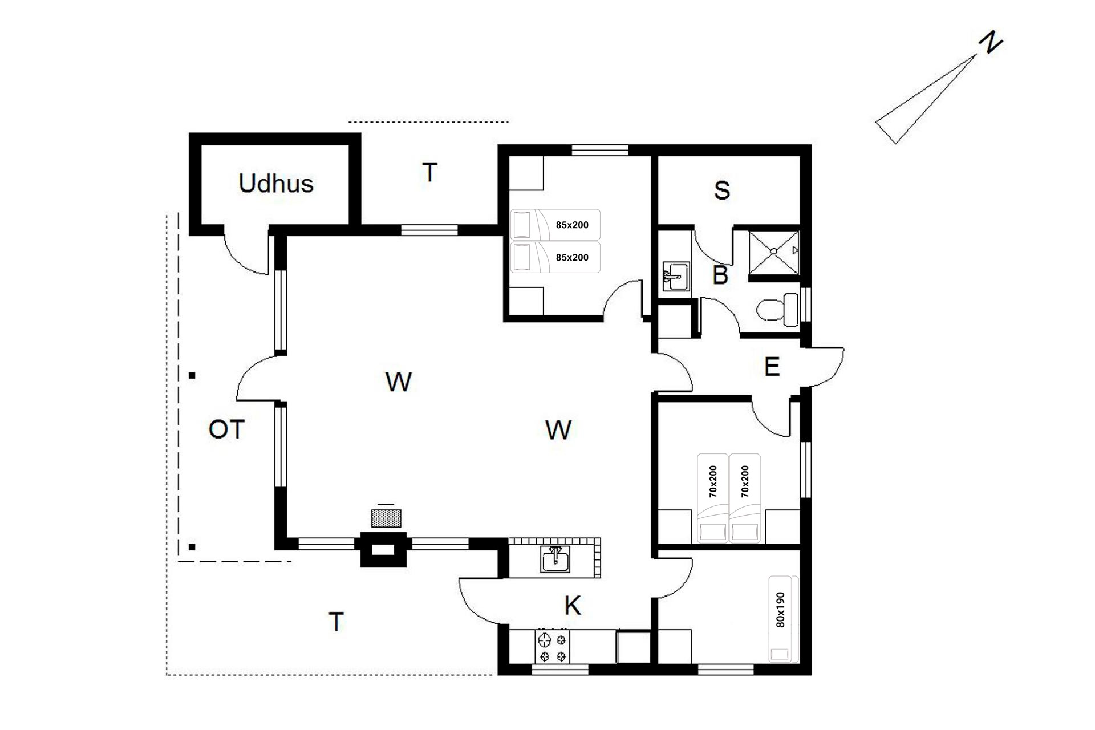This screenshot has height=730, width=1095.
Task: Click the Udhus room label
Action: pyautogui.click(x=276, y=184)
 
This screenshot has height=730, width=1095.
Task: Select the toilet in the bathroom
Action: pyautogui.click(x=778, y=310)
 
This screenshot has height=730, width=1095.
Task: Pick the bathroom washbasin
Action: pyautogui.click(x=676, y=277)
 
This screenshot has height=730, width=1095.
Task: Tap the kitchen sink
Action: pyautogui.click(x=555, y=559)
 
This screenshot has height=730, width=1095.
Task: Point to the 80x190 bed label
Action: pyautogui.click(x=781, y=610)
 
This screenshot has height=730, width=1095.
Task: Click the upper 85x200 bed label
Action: pyautogui.click(x=572, y=225)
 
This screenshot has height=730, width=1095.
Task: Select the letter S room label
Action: pyautogui.click(x=722, y=190)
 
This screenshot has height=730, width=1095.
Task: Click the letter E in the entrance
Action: pyautogui.click(x=772, y=367)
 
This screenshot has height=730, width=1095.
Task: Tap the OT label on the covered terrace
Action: pyautogui.click(x=227, y=429)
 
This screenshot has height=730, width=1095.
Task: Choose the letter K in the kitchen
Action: pyautogui.click(x=573, y=606)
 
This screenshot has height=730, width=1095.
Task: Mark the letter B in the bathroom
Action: pyautogui.click(x=720, y=275)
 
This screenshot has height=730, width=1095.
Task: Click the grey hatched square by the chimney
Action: pyautogui.click(x=386, y=518)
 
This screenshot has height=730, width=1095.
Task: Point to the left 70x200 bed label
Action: pyautogui.click(x=713, y=481)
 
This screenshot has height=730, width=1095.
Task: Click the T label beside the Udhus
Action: pyautogui.click(x=429, y=172)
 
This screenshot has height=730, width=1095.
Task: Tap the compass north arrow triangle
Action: pyautogui.click(x=924, y=100)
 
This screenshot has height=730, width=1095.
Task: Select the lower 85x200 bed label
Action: pyautogui.click(x=572, y=257)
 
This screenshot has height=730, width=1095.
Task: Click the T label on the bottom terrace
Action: pyautogui.click(x=336, y=622)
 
